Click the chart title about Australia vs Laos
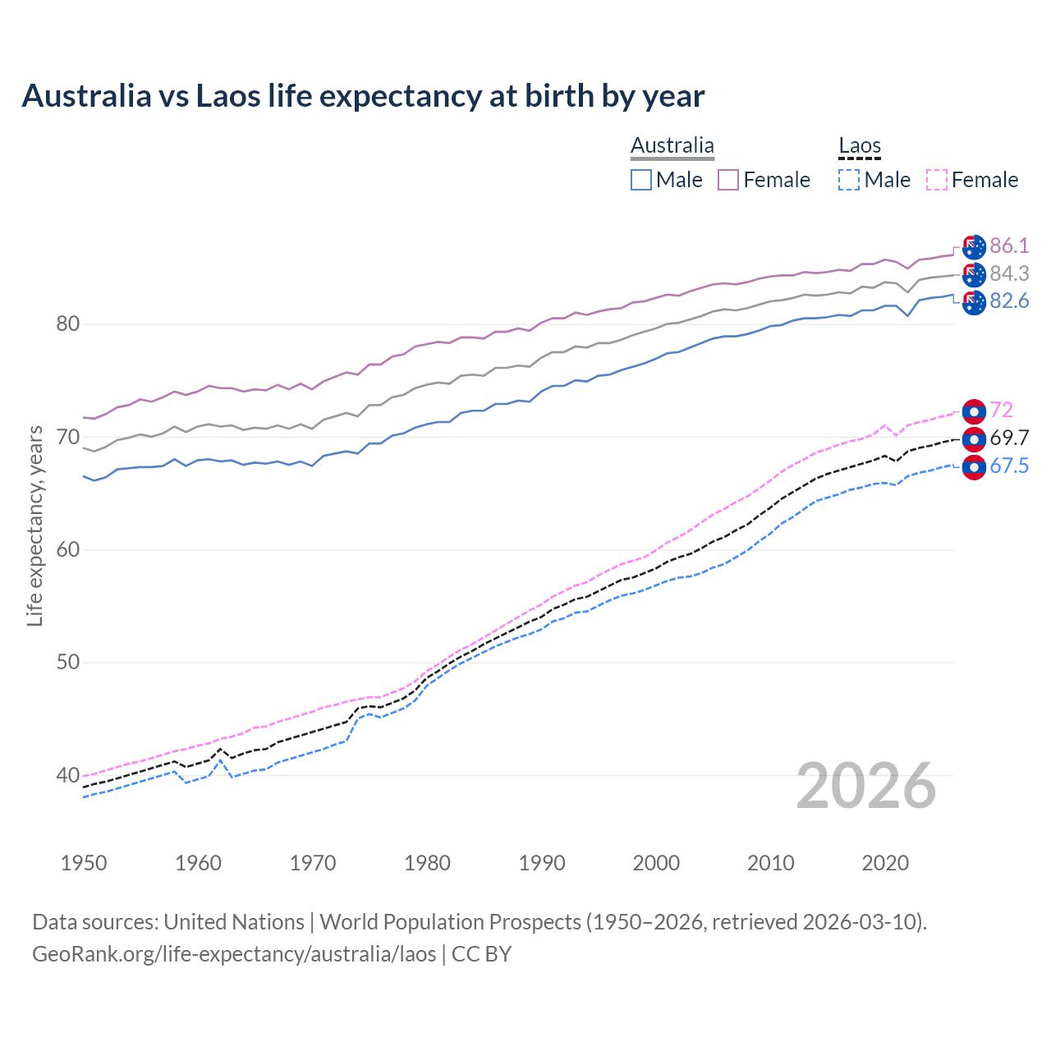[x=363, y=96]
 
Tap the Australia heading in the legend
[x=672, y=146]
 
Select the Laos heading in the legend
[x=859, y=146]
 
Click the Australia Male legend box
[x=641, y=180]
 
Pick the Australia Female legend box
[x=728, y=180]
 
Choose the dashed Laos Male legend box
[x=849, y=180]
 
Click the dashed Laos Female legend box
[x=937, y=180]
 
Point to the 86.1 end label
[x=1009, y=246]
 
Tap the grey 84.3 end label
[x=1009, y=273]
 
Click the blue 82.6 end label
[x=1009, y=301]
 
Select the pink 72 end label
[x=1002, y=410]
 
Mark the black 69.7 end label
[x=1009, y=438]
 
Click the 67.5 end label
[x=1009, y=466]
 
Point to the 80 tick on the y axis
[x=67, y=324]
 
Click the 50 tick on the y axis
[x=67, y=663]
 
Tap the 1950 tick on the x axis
[x=84, y=863]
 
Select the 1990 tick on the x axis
[x=542, y=863]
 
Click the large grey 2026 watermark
[x=865, y=786]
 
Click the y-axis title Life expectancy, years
[x=34, y=525]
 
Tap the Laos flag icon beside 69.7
[x=974, y=438]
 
